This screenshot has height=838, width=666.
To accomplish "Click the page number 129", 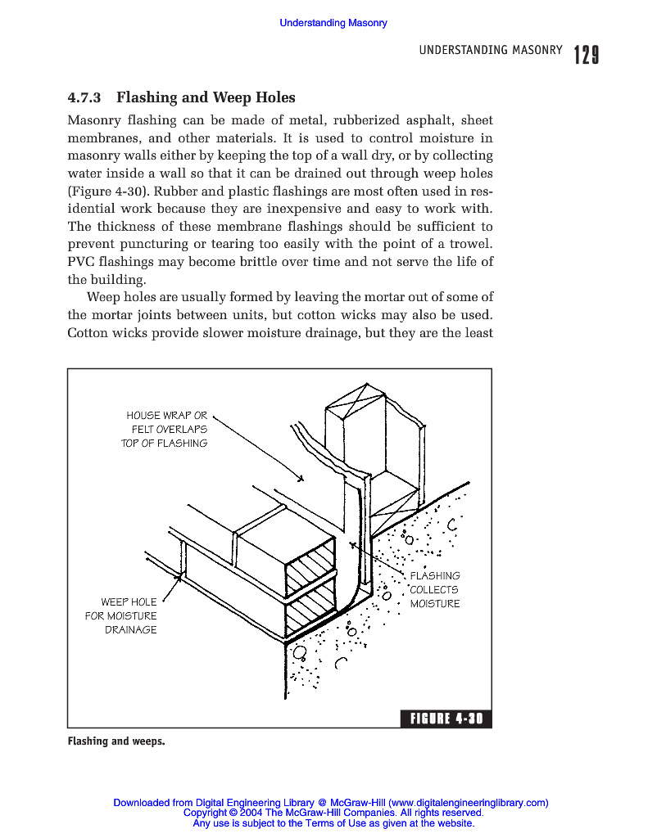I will [586, 55].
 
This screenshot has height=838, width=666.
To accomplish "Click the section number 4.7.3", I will [84, 97].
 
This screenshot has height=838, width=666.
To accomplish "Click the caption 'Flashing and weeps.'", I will [116, 741].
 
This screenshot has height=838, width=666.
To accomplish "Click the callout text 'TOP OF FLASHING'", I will [164, 443].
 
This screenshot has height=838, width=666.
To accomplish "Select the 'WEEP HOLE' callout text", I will [129, 602].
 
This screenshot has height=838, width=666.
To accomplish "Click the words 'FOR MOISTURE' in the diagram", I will [120, 616].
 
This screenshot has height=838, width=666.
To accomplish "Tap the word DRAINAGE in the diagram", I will [130, 630].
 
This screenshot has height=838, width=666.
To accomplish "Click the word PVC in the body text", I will [79, 262].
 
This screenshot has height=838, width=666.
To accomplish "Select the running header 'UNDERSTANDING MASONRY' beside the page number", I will [491, 51].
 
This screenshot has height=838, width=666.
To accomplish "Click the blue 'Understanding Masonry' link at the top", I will [333, 23].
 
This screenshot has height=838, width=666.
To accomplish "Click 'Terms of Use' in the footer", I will [336, 823].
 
